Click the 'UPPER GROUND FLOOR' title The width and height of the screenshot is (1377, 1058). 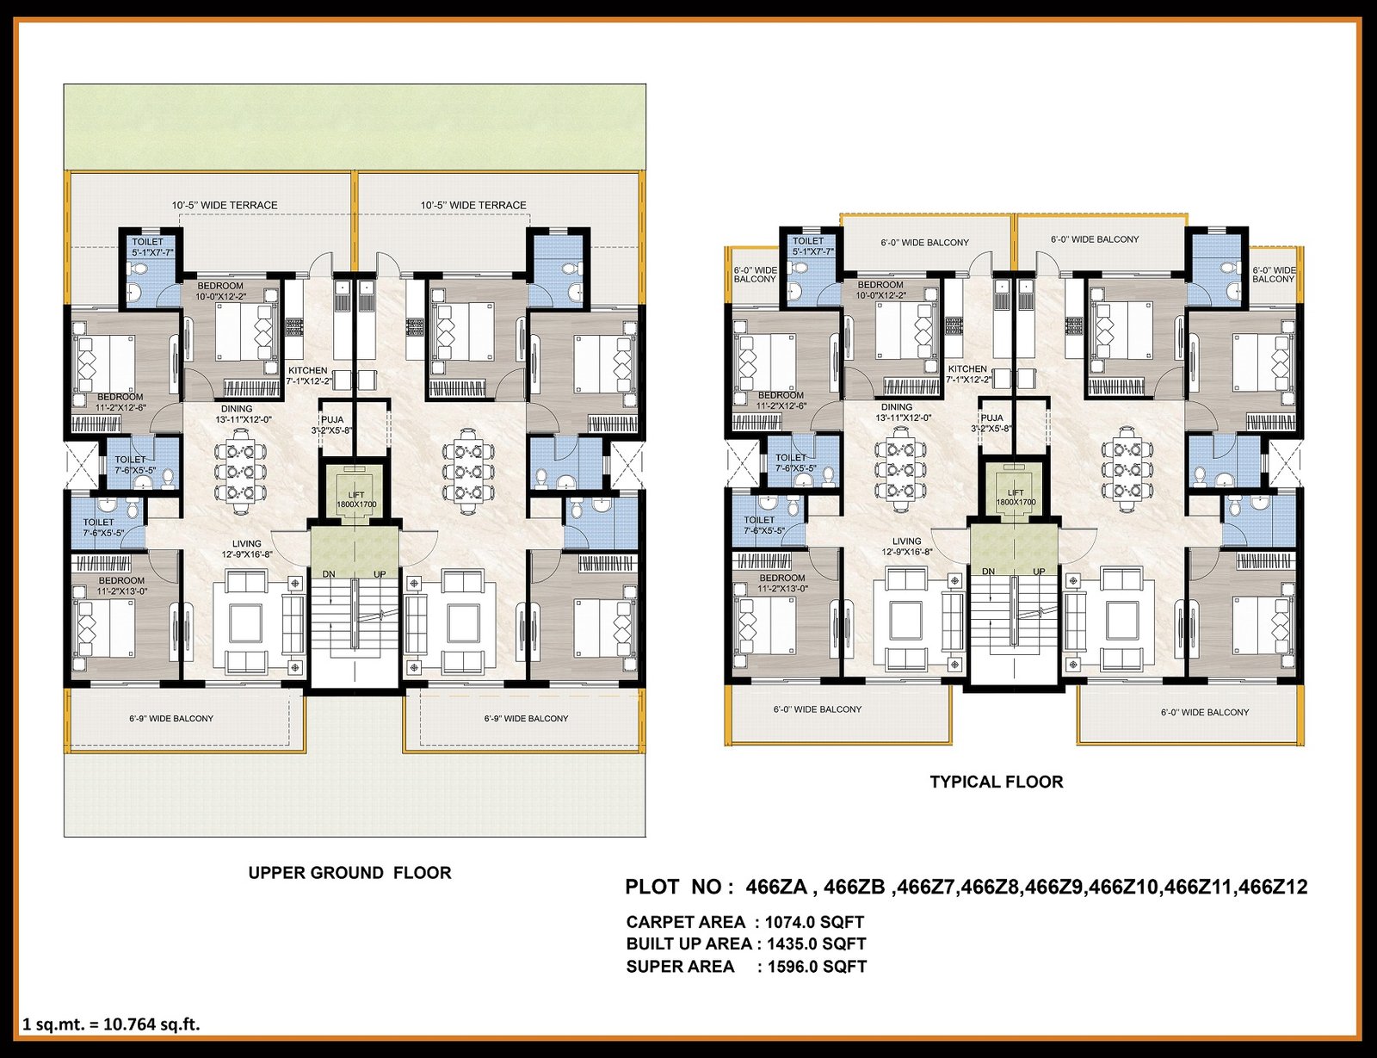349,873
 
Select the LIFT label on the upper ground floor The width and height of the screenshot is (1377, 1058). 357,495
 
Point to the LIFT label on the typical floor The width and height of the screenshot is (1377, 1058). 1016,492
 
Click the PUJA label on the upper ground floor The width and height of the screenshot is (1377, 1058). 332,419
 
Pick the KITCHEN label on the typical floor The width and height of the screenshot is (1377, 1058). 967,369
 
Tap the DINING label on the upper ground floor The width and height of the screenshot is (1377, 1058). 237,409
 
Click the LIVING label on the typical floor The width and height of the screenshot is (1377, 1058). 907,541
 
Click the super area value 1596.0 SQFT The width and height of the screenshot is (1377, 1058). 817,967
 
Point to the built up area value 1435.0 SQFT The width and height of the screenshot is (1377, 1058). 816,944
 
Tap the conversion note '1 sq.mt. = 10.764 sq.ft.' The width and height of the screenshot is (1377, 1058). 112,1024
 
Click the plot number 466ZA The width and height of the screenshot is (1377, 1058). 776,887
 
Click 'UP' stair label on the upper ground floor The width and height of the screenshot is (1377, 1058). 380,574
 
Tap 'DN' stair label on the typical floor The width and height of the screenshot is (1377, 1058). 988,572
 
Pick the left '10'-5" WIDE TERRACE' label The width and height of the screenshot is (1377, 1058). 225,206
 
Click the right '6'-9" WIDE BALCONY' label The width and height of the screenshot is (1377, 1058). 526,719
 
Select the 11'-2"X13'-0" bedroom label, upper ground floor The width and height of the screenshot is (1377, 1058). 121,585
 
